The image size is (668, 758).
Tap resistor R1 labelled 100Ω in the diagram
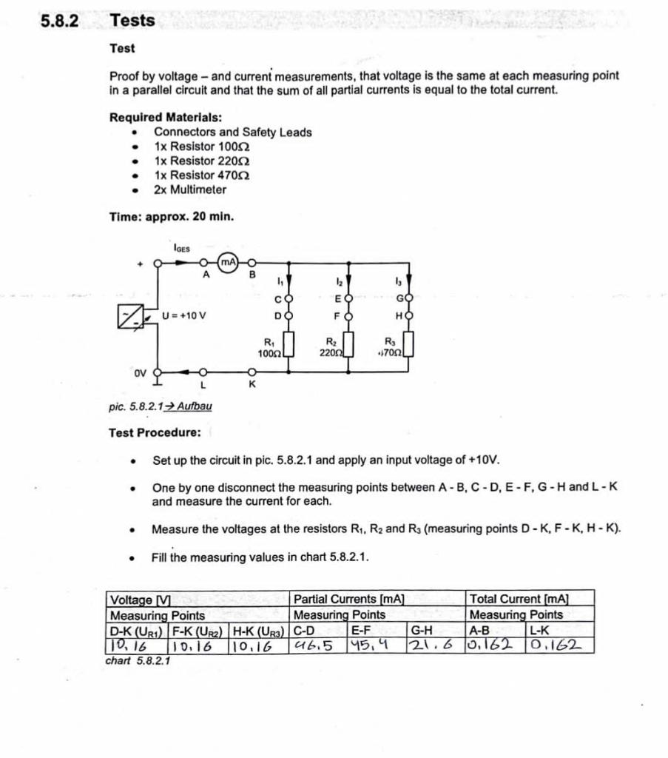point(289,345)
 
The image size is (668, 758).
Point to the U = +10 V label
point(184,315)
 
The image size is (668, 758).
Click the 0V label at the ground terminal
point(141,374)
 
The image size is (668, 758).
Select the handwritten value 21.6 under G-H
point(431,645)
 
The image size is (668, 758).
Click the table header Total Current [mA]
point(519,599)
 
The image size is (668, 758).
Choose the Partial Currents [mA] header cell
point(348,599)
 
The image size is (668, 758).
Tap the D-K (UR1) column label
point(138,631)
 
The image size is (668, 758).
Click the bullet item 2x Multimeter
point(190,189)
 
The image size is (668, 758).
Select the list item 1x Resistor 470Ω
point(201,175)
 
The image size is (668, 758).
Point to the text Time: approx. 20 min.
point(172,217)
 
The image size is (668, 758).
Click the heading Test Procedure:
point(155,432)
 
